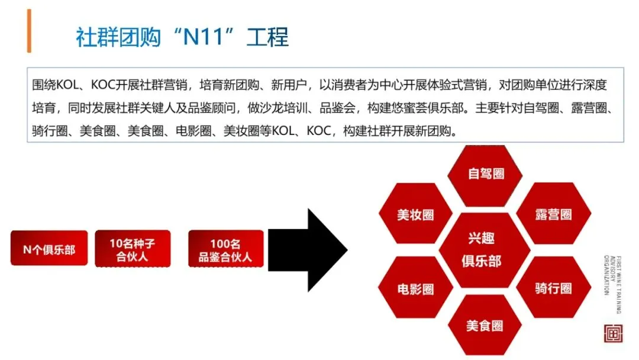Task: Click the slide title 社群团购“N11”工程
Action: pos(182,37)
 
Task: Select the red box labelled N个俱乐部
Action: pos(49,248)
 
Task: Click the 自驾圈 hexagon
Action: pos(485,173)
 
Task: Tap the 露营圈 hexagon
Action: pos(553,214)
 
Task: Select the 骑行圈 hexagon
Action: pos(553,288)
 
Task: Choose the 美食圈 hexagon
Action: pos(485,325)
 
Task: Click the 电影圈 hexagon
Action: pos(415,288)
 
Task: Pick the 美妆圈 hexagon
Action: pos(415,214)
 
